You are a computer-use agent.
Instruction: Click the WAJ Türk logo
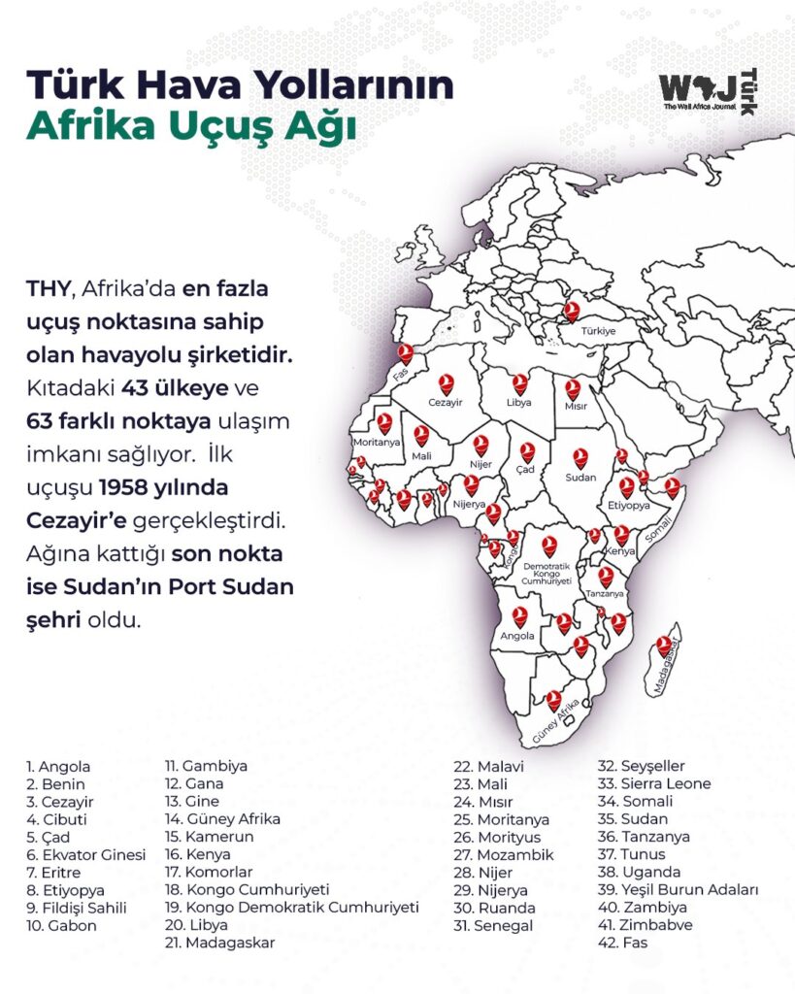point(708,93)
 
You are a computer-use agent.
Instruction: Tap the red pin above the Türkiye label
point(573,311)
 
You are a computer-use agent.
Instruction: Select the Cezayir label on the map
point(446,402)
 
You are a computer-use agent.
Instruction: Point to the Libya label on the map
point(519,402)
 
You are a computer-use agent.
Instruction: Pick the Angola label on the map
point(516,637)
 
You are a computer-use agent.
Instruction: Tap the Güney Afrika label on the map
point(555,718)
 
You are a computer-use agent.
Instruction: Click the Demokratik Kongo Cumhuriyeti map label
point(547,572)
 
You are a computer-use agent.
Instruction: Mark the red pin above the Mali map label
point(421,435)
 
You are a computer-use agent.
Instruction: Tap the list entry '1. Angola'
point(58,766)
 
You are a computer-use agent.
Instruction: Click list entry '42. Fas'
point(621,942)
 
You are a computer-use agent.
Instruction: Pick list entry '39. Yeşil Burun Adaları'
point(677,889)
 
